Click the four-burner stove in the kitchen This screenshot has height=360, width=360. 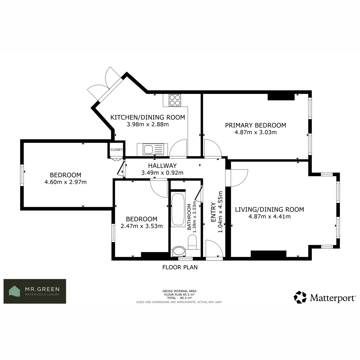pyautogui.click(x=175, y=100)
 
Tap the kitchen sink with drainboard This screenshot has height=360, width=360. pyautogui.click(x=153, y=149)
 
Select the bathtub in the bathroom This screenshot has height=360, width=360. pyautogui.click(x=178, y=210)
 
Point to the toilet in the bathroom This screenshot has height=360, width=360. pyautogui.click(x=192, y=242)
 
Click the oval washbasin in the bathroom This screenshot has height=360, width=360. pyautogui.click(x=179, y=251)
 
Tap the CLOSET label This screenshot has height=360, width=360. pyautogui.click(x=117, y=150)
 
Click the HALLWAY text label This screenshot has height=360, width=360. pyautogui.click(x=162, y=166)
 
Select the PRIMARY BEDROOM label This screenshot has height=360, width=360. pyautogui.click(x=255, y=125)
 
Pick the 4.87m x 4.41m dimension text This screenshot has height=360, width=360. pyautogui.click(x=269, y=217)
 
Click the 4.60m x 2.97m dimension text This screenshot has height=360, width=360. pyautogui.click(x=66, y=182)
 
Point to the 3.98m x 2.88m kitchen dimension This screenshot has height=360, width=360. pyautogui.click(x=148, y=124)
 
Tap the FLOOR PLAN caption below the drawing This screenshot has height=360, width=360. pyautogui.click(x=180, y=267)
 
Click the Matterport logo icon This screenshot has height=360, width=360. pyautogui.click(x=300, y=297)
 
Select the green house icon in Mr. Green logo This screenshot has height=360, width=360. pyautogui.click(x=14, y=291)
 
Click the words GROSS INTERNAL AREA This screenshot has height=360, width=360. pyautogui.click(x=179, y=291)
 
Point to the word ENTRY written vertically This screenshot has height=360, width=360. pyautogui.click(x=213, y=212)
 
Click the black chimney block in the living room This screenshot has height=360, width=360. pyautogui.click(x=268, y=254)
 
